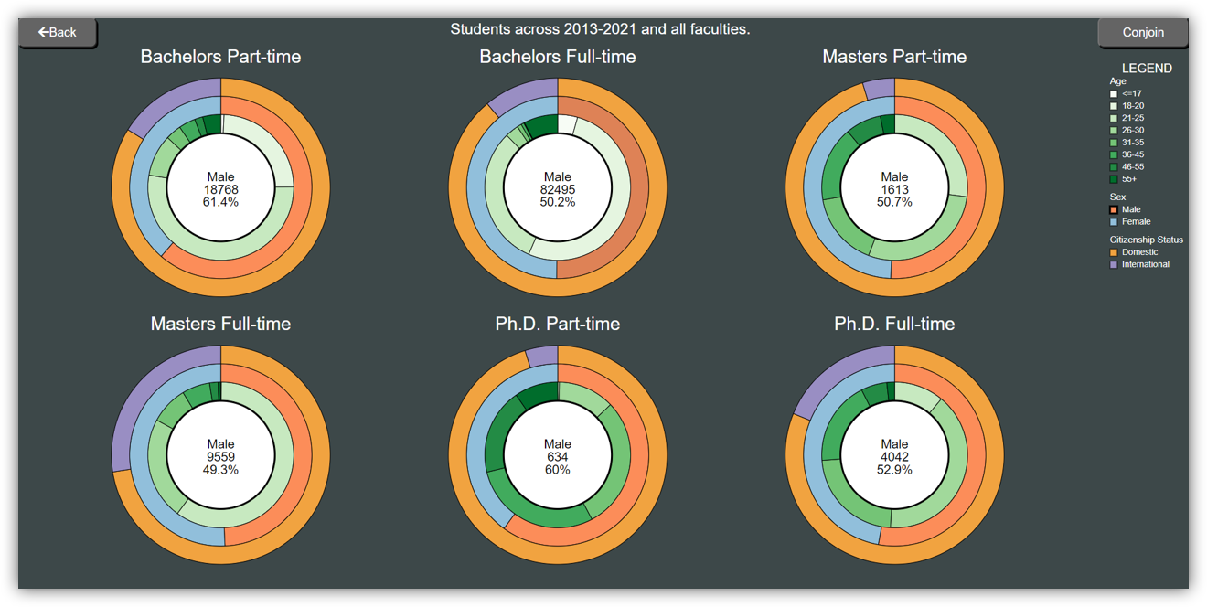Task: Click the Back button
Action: coord(57,32)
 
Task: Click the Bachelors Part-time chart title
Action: coord(220,57)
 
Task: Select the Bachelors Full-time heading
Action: coord(557,57)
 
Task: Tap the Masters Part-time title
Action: coord(894,57)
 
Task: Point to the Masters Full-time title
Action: coord(220,324)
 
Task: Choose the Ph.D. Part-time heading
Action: coord(557,324)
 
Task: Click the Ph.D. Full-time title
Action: coord(894,324)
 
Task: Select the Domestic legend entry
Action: coord(1139,252)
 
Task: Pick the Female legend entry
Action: coord(1136,221)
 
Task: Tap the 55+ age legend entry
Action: coord(1129,179)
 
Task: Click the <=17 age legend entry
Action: coord(1131,93)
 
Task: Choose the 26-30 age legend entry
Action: coord(1132,130)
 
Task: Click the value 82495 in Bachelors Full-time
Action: coord(557,189)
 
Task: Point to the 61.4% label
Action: coord(220,202)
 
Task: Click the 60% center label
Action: coord(557,470)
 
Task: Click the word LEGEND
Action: coord(1147,69)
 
